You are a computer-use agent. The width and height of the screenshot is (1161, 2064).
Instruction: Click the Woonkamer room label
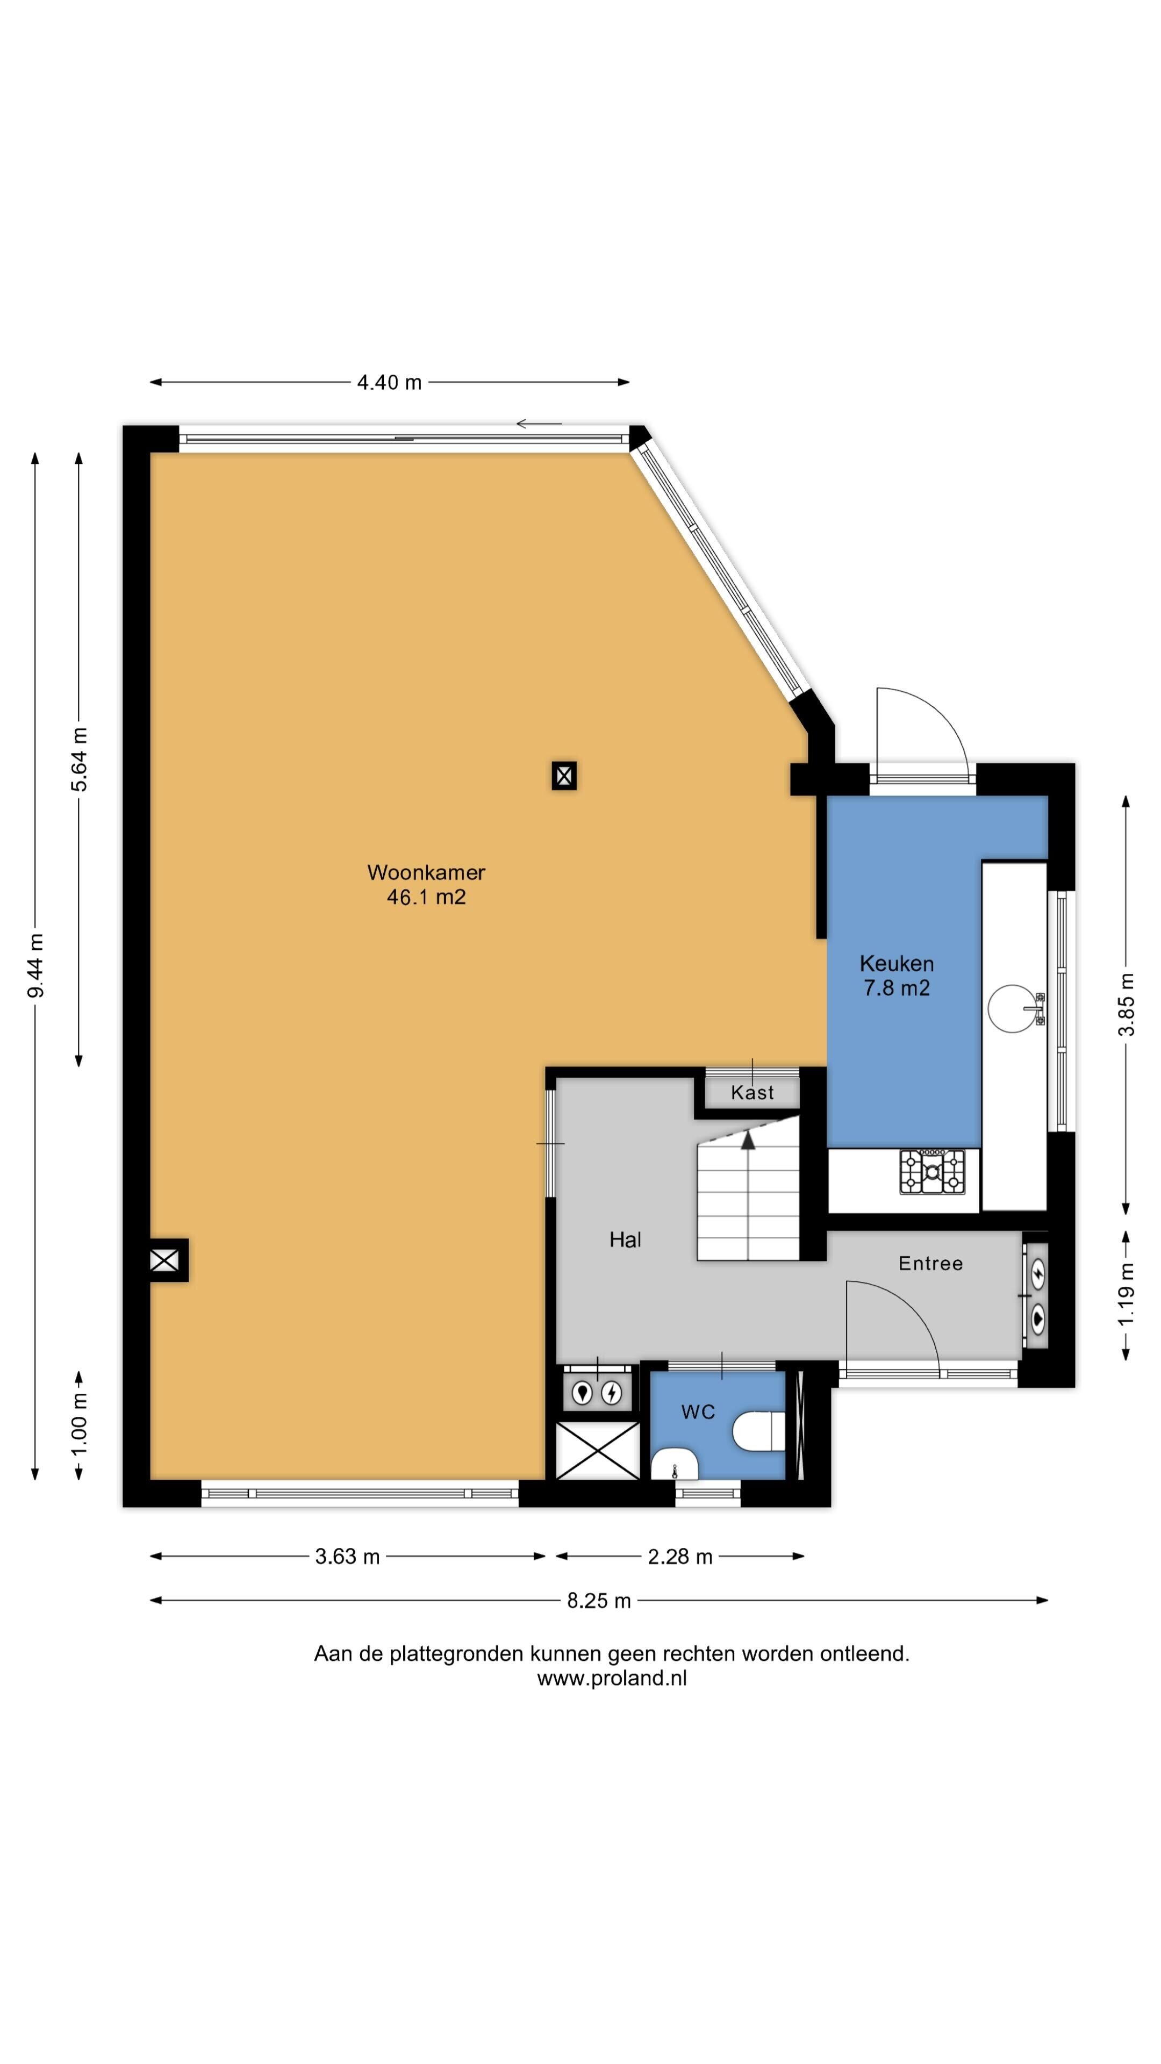point(426,872)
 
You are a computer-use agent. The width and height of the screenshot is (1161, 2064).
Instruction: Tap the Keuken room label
point(897,963)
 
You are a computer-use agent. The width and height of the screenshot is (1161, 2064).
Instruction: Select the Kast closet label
point(752,1093)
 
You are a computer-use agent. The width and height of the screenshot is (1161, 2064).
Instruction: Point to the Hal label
point(625,1239)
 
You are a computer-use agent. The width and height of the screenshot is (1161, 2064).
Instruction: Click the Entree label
point(930,1264)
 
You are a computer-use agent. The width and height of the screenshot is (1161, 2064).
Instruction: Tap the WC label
point(698,1412)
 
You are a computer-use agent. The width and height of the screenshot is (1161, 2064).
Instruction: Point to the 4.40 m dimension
point(389,382)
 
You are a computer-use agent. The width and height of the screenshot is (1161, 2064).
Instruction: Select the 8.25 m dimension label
point(599,1601)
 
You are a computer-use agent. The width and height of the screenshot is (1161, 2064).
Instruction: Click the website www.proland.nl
point(611,1679)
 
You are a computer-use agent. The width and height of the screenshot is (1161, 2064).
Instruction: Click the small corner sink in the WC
point(676,1465)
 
